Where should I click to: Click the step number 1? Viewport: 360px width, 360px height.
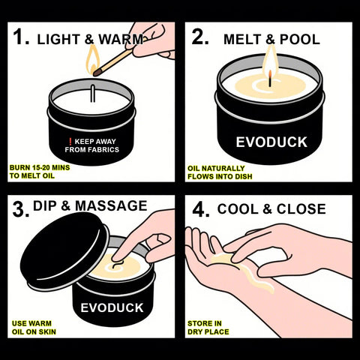[x=20, y=37]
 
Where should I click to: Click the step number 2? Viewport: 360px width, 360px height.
[x=199, y=37]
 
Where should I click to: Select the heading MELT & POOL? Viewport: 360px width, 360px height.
[x=271, y=39]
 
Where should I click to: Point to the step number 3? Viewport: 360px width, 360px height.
[x=19, y=208]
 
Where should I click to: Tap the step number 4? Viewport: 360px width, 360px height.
[x=199, y=209]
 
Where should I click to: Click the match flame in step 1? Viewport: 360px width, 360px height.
[x=93, y=58]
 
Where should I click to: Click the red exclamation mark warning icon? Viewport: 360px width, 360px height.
[x=70, y=139]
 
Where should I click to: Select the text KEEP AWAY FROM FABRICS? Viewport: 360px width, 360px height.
[x=96, y=144]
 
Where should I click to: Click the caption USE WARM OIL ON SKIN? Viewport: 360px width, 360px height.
[x=33, y=327]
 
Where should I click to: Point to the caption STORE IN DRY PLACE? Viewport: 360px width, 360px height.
[x=208, y=327]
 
